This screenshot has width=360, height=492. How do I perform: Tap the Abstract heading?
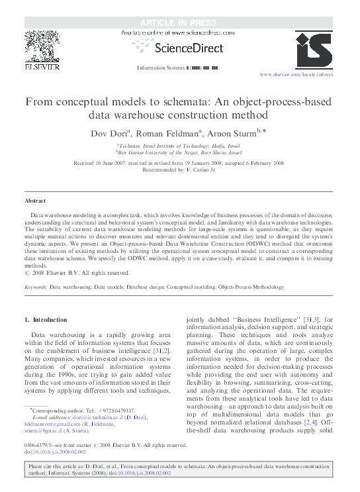tap(35, 200)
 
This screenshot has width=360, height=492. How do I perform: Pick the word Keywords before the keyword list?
tap(35, 287)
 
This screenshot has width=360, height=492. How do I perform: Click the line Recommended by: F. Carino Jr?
tap(180, 168)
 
